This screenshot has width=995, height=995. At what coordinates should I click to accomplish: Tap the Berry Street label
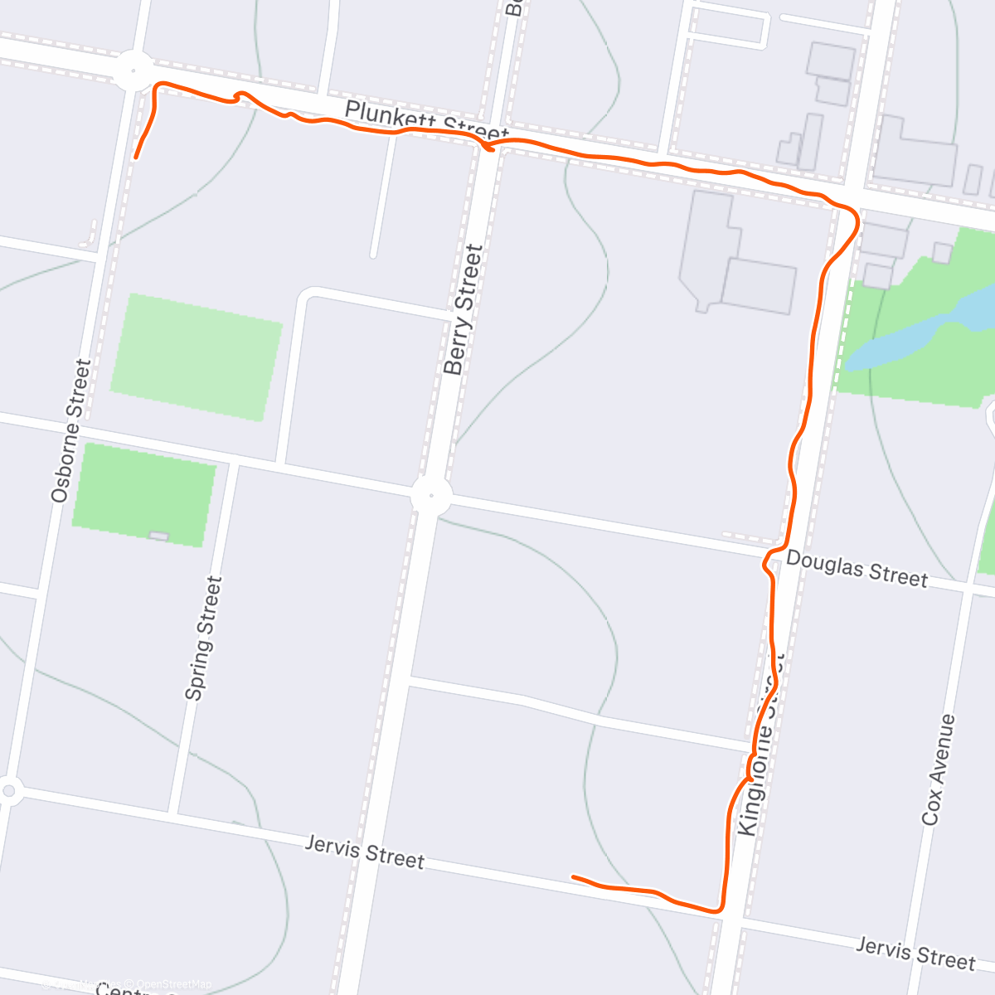pyautogui.click(x=464, y=309)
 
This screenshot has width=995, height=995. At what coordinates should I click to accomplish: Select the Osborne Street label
pyautogui.click(x=70, y=430)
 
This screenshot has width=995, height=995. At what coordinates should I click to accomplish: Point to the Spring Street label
pyautogui.click(x=204, y=638)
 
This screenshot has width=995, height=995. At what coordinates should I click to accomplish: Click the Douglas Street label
pyautogui.click(x=857, y=570)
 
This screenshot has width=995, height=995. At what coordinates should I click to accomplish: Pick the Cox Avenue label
pyautogui.click(x=939, y=769)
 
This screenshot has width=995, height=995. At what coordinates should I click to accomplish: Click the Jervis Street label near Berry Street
pyautogui.click(x=365, y=852)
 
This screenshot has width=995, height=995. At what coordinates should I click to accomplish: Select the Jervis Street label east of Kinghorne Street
pyautogui.click(x=915, y=954)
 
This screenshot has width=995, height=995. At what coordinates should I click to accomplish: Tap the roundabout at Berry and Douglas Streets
pyautogui.click(x=430, y=497)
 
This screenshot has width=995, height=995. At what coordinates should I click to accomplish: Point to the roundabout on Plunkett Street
pyautogui.click(x=133, y=70)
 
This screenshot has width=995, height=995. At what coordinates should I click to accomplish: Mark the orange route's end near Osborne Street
pyautogui.click(x=135, y=157)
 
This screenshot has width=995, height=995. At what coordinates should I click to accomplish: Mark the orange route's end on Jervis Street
pyautogui.click(x=573, y=876)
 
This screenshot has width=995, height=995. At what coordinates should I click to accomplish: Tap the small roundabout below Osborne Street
pyautogui.click(x=8, y=790)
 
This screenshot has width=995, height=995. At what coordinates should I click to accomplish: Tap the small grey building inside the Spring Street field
pyautogui.click(x=158, y=536)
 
